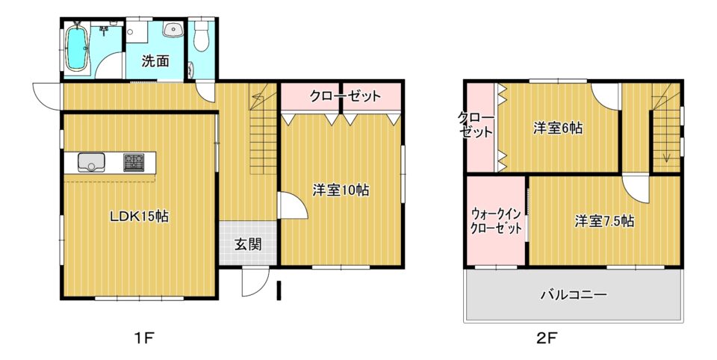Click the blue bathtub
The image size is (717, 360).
[76, 49]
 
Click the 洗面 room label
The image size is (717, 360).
[155, 61]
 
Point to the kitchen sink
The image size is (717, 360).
[91, 163]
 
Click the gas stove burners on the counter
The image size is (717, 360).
[134, 162]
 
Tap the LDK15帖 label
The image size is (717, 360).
[139, 215]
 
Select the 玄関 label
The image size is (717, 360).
[248, 245]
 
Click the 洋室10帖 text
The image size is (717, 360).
[341, 190]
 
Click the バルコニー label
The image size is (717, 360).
[574, 294]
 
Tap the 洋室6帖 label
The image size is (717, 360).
[558, 128]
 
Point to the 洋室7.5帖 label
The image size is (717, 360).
[604, 221]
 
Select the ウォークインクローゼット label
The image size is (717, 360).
[496, 221]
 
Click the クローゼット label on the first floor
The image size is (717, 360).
[345, 96]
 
